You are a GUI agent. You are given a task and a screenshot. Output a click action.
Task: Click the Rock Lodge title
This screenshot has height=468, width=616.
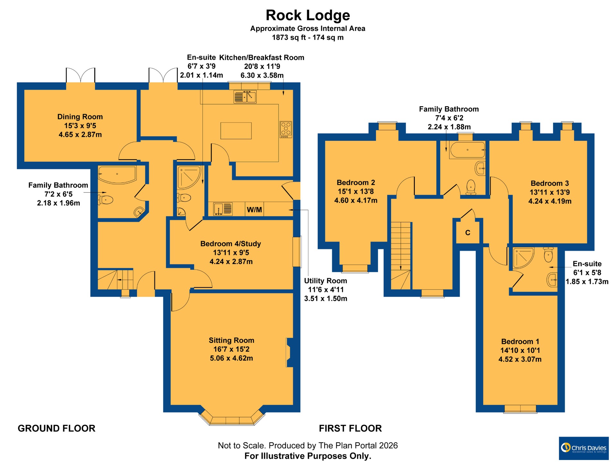308,15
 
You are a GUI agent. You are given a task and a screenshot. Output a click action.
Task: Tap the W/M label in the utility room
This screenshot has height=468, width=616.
254,210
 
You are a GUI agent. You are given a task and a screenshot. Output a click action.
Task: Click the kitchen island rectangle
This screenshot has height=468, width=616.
236,131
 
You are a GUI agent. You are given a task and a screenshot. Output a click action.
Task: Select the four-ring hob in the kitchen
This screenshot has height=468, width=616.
286,129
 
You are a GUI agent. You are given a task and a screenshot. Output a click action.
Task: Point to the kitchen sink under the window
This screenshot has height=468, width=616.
245,97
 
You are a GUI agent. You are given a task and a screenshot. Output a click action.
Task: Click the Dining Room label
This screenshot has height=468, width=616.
80,117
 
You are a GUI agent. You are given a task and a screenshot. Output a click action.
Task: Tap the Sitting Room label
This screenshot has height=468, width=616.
231,340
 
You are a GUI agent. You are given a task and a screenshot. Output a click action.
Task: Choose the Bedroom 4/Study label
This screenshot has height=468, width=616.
230,244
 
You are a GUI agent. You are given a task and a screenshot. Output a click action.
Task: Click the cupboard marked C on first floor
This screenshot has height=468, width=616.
468,233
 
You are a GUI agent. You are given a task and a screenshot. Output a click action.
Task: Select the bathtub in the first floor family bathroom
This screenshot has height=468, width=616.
467,150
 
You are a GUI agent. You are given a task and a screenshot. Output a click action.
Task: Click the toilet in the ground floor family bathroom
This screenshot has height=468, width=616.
106,200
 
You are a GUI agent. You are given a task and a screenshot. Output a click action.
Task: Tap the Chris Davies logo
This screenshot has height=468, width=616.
584,448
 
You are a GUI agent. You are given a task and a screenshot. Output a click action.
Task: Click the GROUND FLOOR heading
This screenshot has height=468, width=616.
56,428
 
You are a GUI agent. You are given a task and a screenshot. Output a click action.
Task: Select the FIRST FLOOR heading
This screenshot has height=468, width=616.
350,428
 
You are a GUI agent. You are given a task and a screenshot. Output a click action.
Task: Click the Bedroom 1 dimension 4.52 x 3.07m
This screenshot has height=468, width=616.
520,359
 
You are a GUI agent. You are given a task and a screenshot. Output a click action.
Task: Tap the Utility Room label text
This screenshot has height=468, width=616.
325,281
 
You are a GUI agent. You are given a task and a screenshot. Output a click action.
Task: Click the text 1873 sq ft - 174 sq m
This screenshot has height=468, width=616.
308,38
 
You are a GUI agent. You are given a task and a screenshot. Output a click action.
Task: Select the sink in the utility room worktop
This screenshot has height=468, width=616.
223,209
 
